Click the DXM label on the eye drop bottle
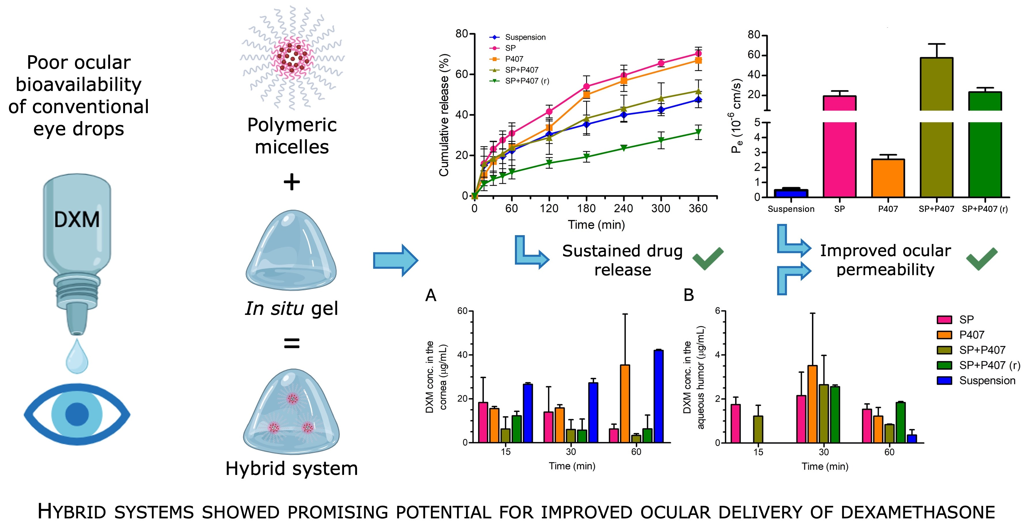77,220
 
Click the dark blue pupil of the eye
77,414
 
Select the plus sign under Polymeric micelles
292,182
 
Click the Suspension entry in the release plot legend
525,37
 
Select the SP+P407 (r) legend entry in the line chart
527,81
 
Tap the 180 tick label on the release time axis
586,208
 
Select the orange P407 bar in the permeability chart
888,178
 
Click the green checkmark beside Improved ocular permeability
981,259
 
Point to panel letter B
688,295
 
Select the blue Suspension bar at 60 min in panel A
658,396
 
